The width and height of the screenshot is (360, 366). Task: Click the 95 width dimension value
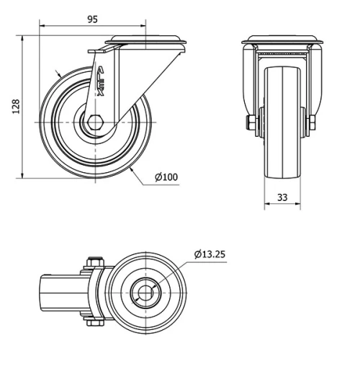point(92,19)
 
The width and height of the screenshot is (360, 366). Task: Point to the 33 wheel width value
point(282,196)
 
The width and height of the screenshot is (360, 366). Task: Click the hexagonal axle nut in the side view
point(95,123)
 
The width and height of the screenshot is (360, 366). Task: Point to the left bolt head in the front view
point(248,123)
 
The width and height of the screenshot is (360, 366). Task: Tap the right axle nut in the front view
point(314,123)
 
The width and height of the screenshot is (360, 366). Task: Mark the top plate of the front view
point(282,40)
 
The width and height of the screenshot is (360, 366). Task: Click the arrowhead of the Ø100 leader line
point(134,166)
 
